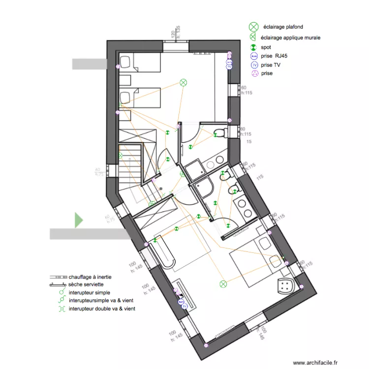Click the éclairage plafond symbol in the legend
[x=253, y=27]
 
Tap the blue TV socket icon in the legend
[x=254, y=64]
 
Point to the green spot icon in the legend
[x=254, y=47]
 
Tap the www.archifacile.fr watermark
[x=315, y=363]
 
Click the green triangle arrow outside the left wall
[x=78, y=220]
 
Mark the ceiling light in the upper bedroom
[x=184, y=83]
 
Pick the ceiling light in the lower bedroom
[x=223, y=283]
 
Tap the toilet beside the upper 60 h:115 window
[x=221, y=133]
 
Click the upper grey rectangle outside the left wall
[x=90, y=63]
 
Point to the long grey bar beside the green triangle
[x=89, y=233]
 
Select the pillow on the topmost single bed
[x=124, y=62]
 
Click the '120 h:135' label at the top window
[x=176, y=34]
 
